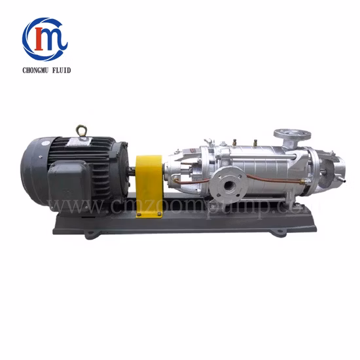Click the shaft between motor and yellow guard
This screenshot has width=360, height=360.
133,174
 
